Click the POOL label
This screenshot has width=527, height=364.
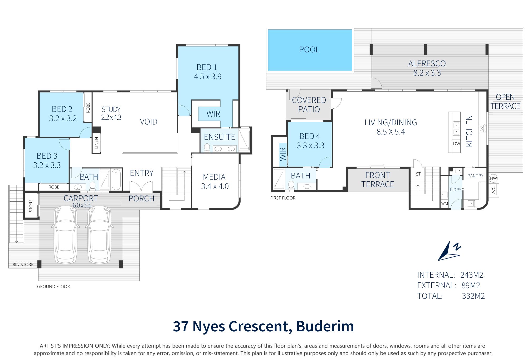309,49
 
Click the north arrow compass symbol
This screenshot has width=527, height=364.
449,251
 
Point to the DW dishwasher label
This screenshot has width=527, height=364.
456,144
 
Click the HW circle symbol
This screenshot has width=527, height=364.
493,178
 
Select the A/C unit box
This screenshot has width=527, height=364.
494,190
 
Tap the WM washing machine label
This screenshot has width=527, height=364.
444,203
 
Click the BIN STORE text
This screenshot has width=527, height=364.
23,265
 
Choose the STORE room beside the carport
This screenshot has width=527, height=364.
31,206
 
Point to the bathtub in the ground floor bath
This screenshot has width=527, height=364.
116,179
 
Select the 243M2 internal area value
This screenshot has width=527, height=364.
471,275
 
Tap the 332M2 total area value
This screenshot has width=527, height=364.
473,296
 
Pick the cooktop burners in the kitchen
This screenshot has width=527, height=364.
482,128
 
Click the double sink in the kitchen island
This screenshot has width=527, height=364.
456,128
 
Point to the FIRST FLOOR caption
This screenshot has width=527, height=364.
283,198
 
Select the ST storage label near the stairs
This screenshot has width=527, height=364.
418,174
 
